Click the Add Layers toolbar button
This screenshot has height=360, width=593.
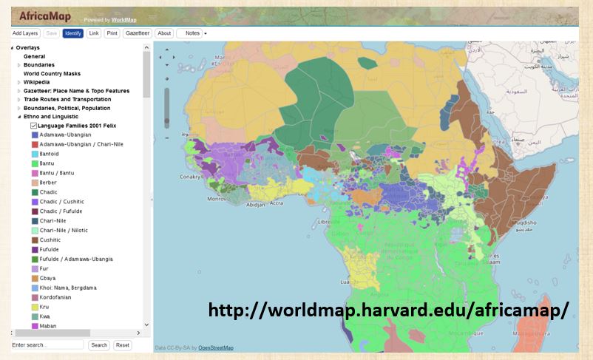(x=26, y=33)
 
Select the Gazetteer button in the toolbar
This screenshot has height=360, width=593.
(x=137, y=33)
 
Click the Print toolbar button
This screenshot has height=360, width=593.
(x=112, y=33)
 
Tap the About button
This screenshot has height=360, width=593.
(x=164, y=33)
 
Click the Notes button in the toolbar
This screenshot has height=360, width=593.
(x=192, y=33)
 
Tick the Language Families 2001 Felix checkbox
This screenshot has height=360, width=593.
(x=34, y=126)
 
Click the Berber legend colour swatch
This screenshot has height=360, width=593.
(x=34, y=183)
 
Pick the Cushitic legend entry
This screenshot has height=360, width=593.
(x=48, y=240)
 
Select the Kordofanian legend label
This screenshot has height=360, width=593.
(x=55, y=297)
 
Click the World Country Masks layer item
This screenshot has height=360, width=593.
(x=52, y=73)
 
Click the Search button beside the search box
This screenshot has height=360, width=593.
(x=99, y=345)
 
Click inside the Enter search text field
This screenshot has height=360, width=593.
(x=47, y=345)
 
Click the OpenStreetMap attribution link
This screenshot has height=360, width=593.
(x=216, y=348)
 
